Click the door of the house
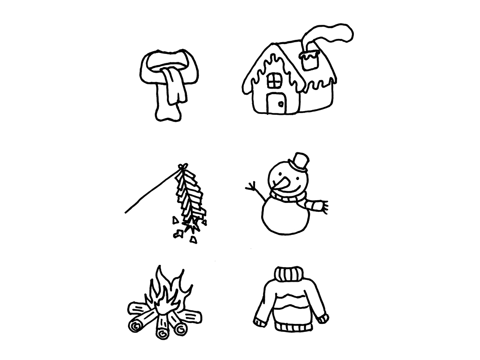point(276,103)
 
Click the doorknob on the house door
point(280,104)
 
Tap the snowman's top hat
point(299,161)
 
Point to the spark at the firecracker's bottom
point(191,229)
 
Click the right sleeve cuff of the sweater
point(322,319)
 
